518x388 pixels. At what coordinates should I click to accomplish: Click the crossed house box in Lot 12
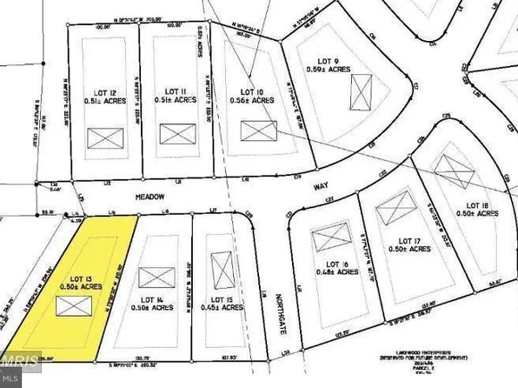point(103,137)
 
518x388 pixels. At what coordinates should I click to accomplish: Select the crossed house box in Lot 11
point(176,134)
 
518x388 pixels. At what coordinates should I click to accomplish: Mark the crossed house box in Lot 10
point(258,131)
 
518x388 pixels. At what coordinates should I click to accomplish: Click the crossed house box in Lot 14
point(156,277)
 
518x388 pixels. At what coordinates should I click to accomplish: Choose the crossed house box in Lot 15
point(222,264)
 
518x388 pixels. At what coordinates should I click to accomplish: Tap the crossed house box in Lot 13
point(74,305)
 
